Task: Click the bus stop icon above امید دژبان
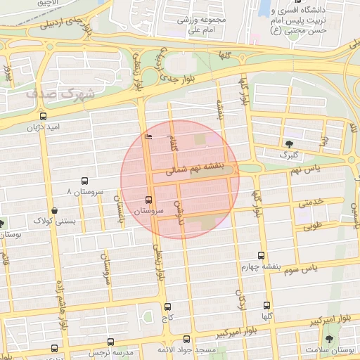(x=44, y=117)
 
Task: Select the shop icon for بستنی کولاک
(x=55, y=210)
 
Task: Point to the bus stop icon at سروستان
(x=148, y=200)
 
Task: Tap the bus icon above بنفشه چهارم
(x=262, y=256)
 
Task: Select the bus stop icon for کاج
(x=167, y=307)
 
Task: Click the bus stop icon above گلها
(x=266, y=305)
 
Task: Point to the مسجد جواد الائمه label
(x=203, y=349)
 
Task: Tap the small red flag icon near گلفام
(x=147, y=136)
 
